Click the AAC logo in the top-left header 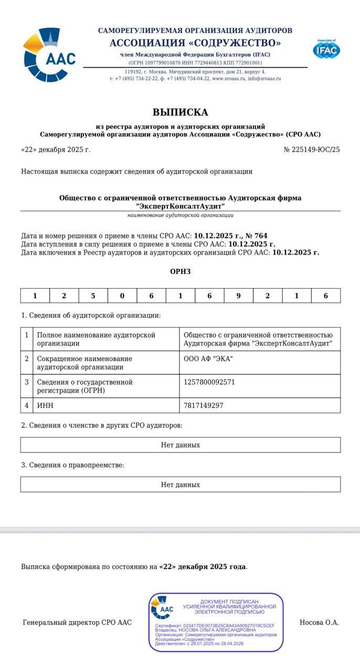(49, 55)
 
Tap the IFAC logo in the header (326, 49)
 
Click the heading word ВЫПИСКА (180, 112)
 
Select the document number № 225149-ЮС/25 (312, 150)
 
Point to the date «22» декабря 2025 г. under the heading (56, 150)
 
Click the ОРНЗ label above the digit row (180, 271)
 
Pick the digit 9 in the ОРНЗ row (238, 296)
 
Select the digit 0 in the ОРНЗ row (122, 296)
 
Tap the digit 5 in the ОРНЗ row (93, 296)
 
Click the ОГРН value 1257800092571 (209, 382)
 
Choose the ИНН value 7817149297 (204, 405)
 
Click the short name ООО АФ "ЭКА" (208, 359)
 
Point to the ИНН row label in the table (45, 405)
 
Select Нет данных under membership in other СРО (180, 445)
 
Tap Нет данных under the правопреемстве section (180, 485)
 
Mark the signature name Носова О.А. (319, 623)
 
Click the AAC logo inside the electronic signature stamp (162, 607)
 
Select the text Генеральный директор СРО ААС (77, 623)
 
